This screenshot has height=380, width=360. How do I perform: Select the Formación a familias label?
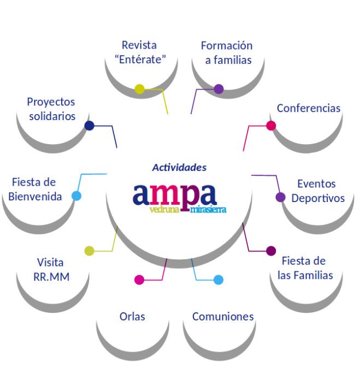click(x=227, y=52)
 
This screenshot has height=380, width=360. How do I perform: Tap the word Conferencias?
click(x=308, y=108)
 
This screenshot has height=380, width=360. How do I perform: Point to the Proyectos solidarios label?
click(x=51, y=109)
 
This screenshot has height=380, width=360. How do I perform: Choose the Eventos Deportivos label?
click(x=317, y=191)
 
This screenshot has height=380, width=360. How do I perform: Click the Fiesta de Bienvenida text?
click(x=34, y=189)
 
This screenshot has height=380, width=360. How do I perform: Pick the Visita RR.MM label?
click(x=51, y=269)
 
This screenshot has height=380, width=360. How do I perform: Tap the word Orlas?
click(x=132, y=316)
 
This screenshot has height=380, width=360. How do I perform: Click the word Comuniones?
click(x=223, y=316)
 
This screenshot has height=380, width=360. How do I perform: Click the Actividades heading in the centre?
click(x=179, y=167)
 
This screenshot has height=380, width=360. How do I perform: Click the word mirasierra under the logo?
click(x=208, y=209)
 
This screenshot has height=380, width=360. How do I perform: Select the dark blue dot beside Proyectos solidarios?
click(x=89, y=126)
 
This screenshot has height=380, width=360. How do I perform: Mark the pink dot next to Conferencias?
click(x=271, y=126)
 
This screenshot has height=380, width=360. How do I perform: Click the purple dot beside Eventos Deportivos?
click(x=281, y=197)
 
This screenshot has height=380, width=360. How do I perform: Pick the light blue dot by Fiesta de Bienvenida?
click(x=76, y=196)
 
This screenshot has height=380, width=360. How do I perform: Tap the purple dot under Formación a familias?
click(x=219, y=89)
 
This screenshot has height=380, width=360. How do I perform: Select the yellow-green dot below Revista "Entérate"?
click(x=139, y=89)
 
